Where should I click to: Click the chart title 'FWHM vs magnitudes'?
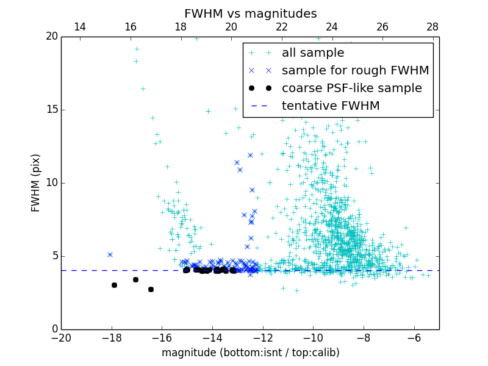[x=250, y=13]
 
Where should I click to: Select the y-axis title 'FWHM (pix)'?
[x=36, y=182]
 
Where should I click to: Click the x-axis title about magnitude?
[x=250, y=353]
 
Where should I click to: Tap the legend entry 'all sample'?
[x=313, y=53]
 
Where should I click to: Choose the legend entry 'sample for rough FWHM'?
[x=355, y=71]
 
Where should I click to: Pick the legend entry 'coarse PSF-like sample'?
[x=351, y=88]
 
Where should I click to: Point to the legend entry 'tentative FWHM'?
[x=331, y=106]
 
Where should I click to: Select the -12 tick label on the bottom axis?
[x=262, y=338]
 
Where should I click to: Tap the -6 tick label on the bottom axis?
[x=414, y=338]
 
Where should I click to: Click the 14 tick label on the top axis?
[x=80, y=27]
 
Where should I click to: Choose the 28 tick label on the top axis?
[x=432, y=27]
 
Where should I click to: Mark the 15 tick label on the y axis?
[x=51, y=110]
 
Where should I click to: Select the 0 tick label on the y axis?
[x=54, y=329]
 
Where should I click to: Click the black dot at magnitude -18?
[x=114, y=285]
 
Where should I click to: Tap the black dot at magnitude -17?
[x=135, y=279]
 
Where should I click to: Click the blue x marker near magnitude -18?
[x=110, y=254]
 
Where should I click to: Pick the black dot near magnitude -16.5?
[x=151, y=289]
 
